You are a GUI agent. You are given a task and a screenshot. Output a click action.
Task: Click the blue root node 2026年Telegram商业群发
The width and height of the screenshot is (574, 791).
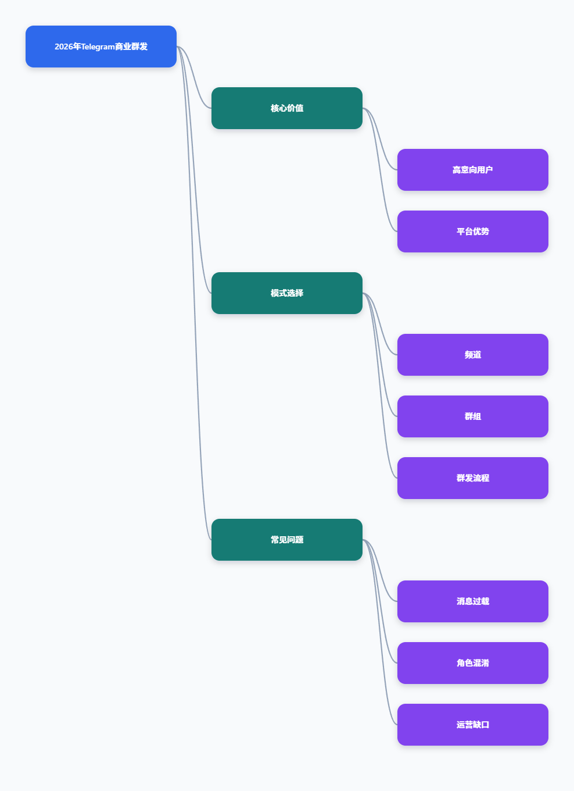tap(101, 47)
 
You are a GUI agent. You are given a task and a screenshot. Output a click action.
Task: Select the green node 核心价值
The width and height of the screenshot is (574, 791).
tap(287, 108)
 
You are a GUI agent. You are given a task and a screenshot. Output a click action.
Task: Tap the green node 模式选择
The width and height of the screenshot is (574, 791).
tap(287, 293)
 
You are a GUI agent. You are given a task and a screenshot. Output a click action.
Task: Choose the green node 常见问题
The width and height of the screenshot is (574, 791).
tap(287, 540)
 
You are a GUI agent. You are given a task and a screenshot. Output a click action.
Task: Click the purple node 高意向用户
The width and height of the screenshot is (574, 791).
tap(473, 170)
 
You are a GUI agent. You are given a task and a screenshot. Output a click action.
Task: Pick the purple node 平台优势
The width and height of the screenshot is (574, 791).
tap(473, 231)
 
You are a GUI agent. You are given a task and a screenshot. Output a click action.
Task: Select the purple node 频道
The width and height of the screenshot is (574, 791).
tap(473, 355)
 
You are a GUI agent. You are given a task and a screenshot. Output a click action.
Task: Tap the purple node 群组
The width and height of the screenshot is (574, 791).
tap(473, 416)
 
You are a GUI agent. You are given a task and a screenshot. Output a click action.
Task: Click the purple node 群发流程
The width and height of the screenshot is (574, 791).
tap(473, 478)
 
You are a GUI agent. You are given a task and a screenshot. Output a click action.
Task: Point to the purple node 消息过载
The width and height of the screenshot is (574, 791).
tap(473, 601)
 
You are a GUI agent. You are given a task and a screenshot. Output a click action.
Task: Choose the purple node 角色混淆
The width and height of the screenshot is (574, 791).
tap(473, 663)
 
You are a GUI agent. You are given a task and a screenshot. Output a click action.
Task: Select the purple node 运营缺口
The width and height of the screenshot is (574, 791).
tap(473, 725)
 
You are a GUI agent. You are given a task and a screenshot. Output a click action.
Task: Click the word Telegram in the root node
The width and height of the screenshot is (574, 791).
tap(98, 47)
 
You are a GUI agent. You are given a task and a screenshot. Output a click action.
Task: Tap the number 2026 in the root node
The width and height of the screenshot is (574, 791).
tap(63, 47)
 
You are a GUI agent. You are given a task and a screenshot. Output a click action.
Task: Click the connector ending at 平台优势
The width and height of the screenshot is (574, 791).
tap(380, 170)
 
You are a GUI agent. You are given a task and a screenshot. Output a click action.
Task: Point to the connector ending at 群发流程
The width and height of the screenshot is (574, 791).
tap(380, 386)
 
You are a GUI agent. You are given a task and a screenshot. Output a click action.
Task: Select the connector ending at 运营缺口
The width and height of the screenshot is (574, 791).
tap(380, 632)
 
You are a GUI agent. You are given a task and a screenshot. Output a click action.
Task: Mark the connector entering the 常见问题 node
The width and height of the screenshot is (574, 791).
tap(194, 293)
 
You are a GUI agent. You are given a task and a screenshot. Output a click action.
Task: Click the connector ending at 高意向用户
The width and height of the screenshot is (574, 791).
tap(380, 139)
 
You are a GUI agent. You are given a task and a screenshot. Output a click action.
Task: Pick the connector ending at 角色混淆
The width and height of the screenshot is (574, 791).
tap(380, 601)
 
